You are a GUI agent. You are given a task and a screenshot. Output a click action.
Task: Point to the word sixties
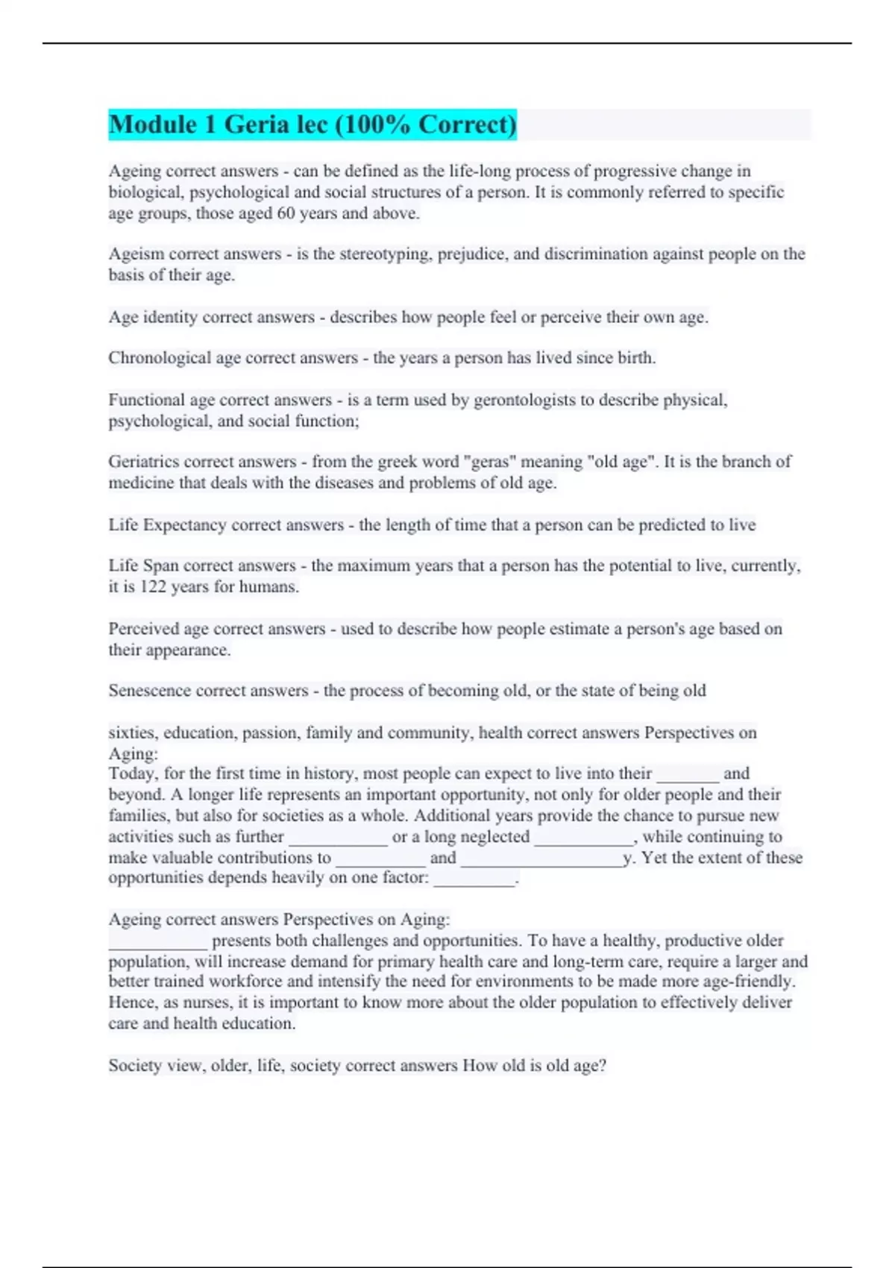coord(131,732)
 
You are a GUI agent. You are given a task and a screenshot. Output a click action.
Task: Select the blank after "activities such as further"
coord(338,838)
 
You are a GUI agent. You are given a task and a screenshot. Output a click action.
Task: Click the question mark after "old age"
coord(603,1066)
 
